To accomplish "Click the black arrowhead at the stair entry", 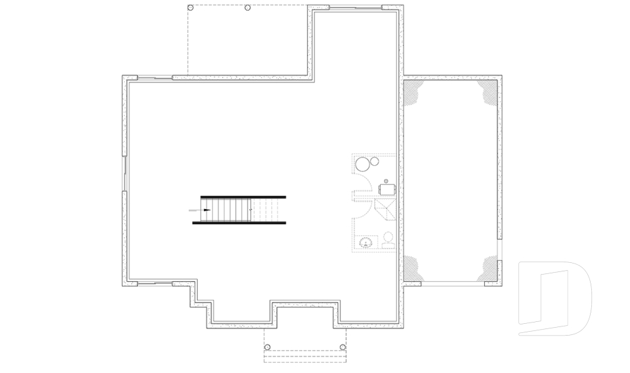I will click(x=207, y=210).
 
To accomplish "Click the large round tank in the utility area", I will click(x=362, y=163).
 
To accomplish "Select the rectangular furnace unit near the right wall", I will click(x=387, y=189).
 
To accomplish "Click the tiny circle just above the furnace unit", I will click(x=386, y=180).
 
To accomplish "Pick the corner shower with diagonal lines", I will click(x=385, y=212).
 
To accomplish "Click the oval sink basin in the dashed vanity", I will click(x=365, y=243).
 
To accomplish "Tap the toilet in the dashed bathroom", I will click(x=388, y=240).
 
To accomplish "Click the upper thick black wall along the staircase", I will click(x=243, y=196).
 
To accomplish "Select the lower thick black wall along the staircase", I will click(x=239, y=223).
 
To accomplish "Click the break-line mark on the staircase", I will click(x=251, y=209).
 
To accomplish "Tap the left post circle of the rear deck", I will click(x=190, y=8).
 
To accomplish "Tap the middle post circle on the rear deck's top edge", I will click(x=247, y=8).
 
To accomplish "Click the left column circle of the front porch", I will click(x=267, y=347).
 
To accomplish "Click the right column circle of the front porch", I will click(x=343, y=347).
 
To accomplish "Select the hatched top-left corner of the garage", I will click(x=411, y=92).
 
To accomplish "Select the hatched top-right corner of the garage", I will click(x=490, y=92).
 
